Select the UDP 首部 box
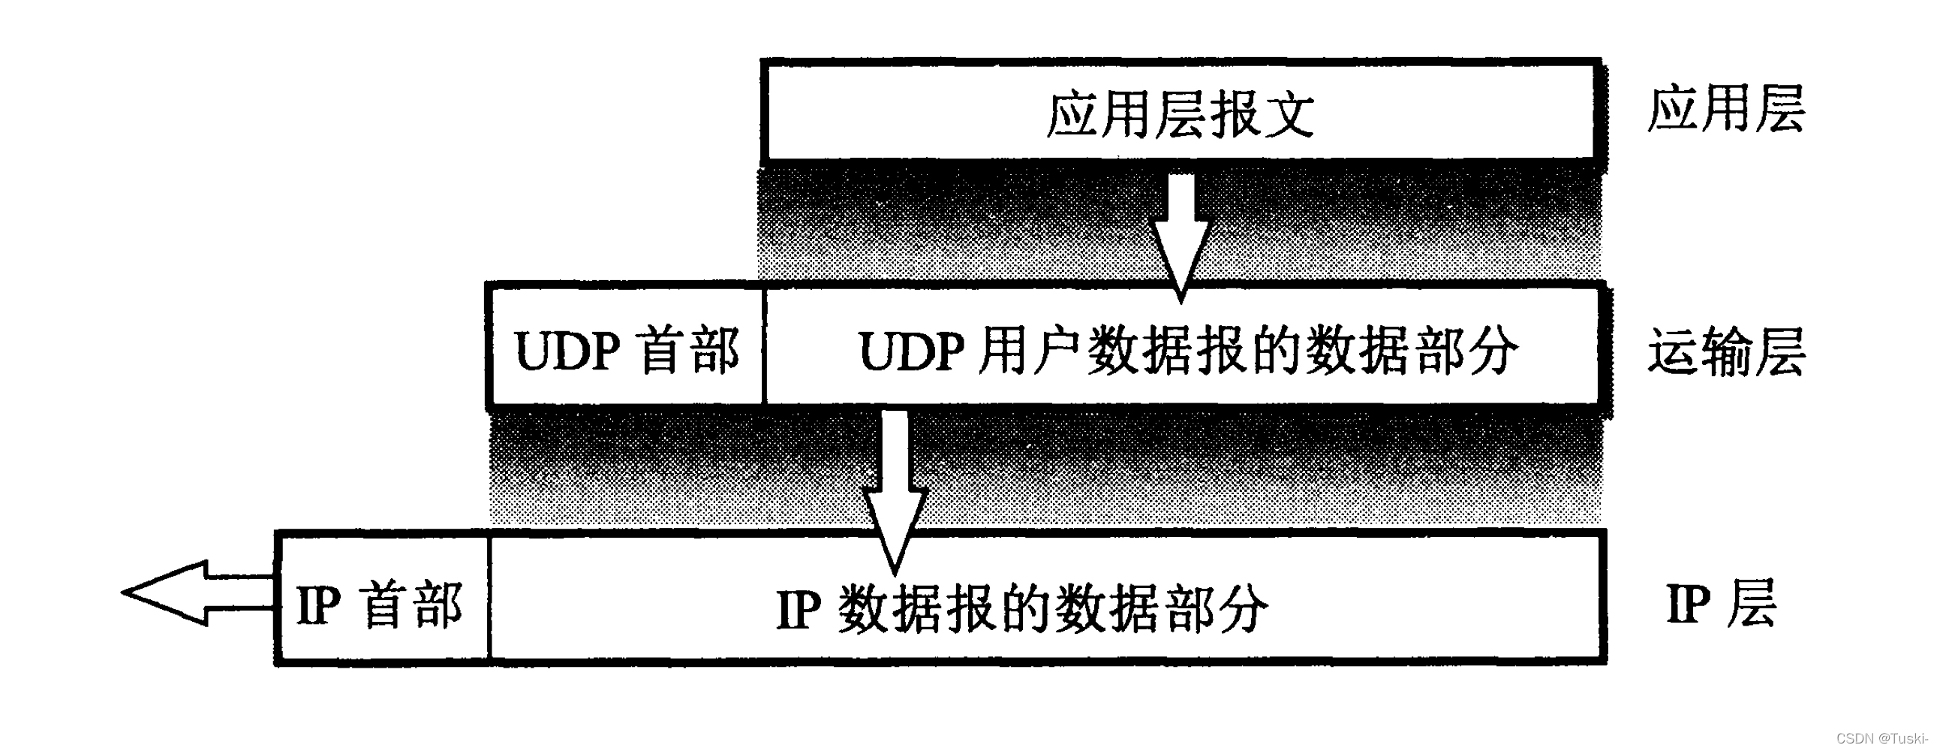[x=626, y=350]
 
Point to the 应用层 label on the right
[x=1725, y=109]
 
